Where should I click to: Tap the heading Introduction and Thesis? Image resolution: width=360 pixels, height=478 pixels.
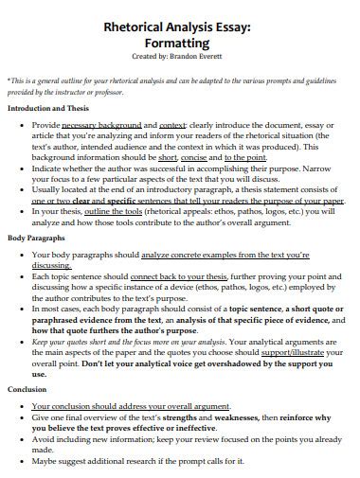point(49,108)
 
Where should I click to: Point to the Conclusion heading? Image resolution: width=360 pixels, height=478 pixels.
point(27,389)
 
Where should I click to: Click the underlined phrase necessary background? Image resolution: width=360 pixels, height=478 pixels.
point(100,124)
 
